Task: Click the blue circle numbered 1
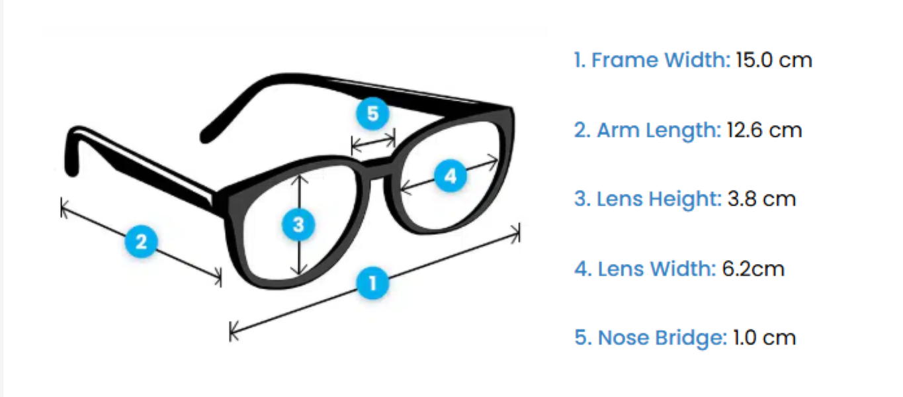[373, 283]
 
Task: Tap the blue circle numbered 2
[141, 242]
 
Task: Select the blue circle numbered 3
[298, 225]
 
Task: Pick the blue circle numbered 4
[450, 176]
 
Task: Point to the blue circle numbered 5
[372, 114]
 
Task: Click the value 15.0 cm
[773, 60]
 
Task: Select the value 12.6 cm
[764, 130]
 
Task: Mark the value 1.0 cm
[763, 337]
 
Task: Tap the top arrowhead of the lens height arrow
[300, 176]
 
